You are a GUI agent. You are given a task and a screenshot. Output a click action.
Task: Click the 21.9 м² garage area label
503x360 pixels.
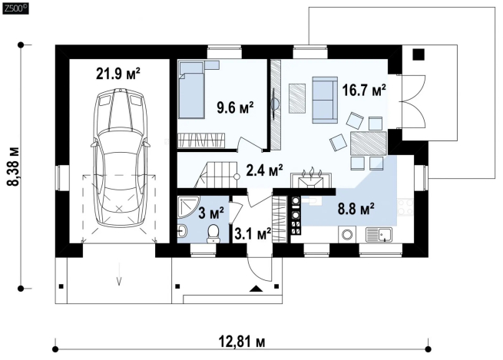(118, 74)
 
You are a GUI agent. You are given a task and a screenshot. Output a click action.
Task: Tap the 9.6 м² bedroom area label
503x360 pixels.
(236, 107)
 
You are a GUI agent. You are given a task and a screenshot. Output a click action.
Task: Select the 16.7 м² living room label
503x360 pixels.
(364, 90)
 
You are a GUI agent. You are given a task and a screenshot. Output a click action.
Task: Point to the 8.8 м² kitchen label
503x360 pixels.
(356, 209)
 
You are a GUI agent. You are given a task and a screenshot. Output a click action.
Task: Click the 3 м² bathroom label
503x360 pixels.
(211, 213)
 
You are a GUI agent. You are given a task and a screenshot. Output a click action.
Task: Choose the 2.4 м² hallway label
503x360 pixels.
(264, 170)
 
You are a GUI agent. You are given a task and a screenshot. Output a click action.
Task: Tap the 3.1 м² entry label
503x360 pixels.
(253, 233)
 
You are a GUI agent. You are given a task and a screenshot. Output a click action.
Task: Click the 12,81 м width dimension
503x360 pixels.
(242, 342)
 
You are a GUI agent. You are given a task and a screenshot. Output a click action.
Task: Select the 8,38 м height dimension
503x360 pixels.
(14, 167)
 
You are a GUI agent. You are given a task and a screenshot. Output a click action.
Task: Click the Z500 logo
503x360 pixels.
(15, 9)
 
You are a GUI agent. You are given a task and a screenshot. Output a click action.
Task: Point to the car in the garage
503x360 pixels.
(120, 157)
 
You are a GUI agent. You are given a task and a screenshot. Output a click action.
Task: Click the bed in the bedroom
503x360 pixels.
(191, 90)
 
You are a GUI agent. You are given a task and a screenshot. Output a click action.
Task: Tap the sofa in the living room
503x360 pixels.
(325, 100)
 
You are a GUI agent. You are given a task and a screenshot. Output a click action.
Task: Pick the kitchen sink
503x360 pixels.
(379, 235)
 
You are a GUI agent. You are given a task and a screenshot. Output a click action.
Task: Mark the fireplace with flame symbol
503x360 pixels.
(311, 180)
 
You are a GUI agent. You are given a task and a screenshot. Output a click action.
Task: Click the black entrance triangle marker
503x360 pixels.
(256, 289)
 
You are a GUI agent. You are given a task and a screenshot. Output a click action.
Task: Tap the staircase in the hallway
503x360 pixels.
(217, 175)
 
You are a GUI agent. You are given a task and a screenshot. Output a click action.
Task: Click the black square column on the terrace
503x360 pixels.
(418, 54)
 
